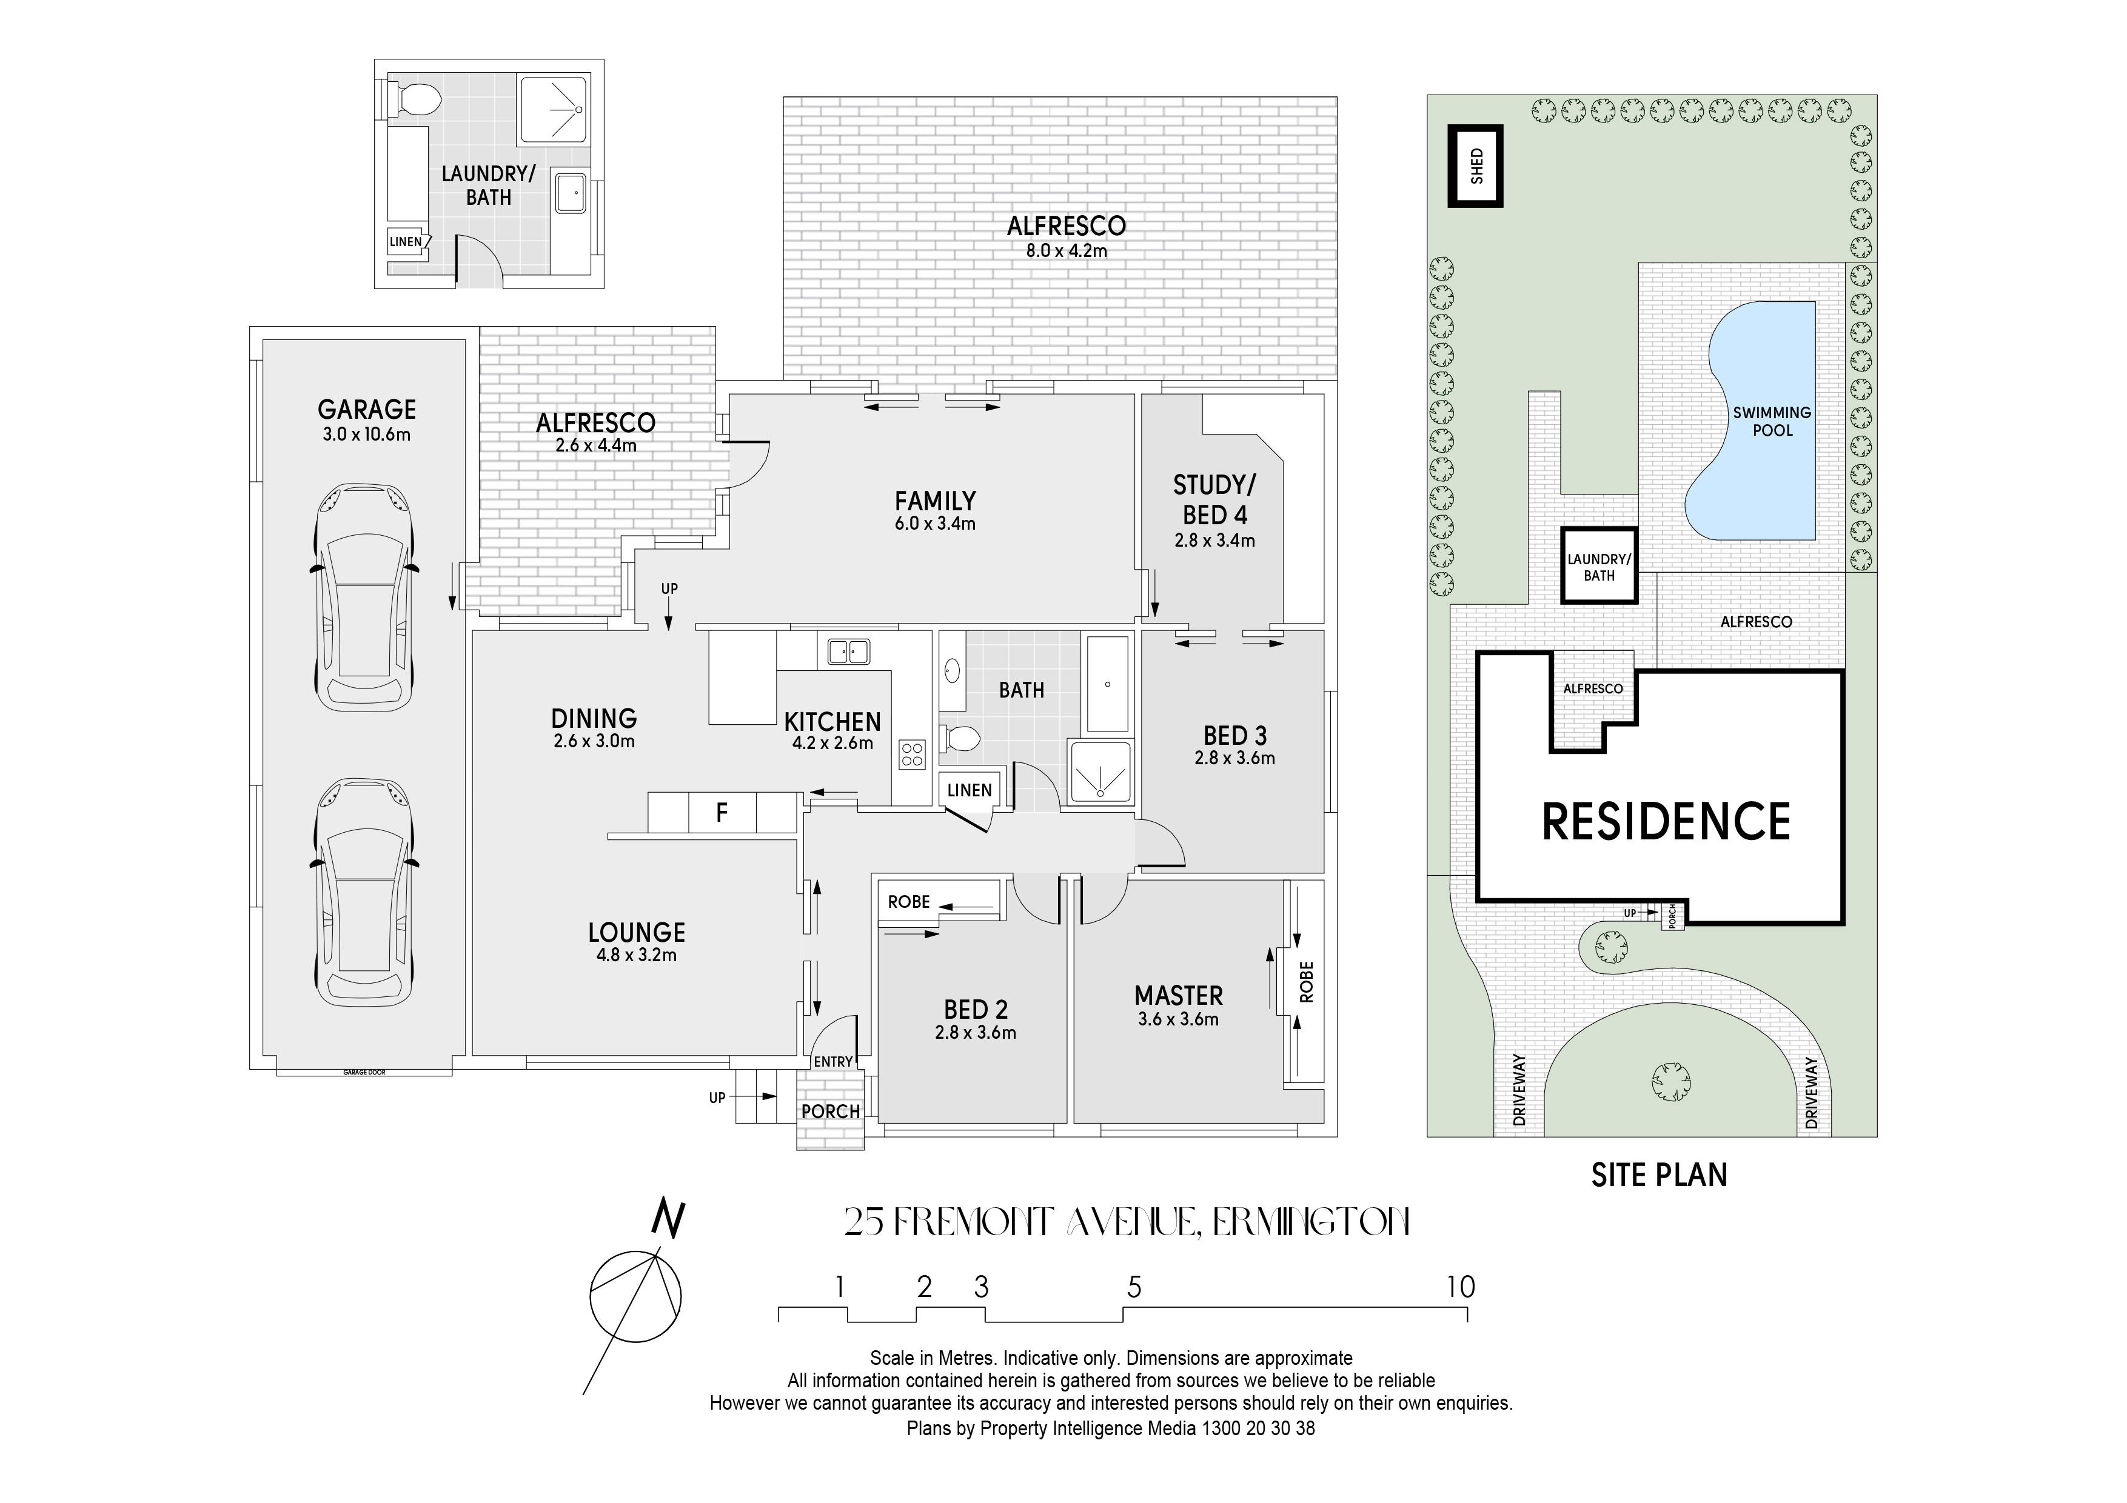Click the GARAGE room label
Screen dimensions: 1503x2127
366,409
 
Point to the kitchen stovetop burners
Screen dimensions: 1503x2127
911,755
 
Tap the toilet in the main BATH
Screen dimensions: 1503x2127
960,738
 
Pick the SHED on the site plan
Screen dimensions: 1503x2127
1476,166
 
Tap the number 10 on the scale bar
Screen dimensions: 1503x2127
1460,1286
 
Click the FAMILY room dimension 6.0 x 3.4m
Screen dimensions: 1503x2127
935,524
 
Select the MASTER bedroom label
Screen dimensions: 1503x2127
1178,996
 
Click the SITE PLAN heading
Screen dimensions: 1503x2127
1659,1175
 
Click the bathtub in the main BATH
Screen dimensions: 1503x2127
1108,684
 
